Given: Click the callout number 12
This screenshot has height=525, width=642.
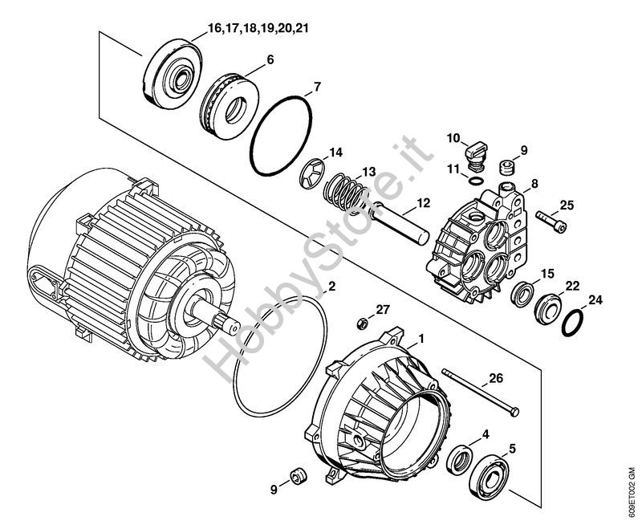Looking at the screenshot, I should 424,203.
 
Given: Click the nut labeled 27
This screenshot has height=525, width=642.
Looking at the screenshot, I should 362,323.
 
